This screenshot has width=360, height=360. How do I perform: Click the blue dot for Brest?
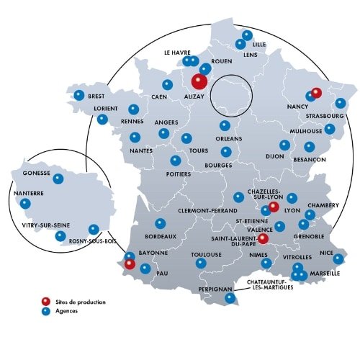(79, 95)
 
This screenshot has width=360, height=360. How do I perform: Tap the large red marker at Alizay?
(199, 81)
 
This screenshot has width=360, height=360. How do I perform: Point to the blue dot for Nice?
(338, 258)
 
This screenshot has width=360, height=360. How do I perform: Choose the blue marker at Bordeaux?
(161, 223)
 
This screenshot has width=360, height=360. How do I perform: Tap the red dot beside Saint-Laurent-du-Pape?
(263, 238)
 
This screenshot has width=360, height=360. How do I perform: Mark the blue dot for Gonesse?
(58, 179)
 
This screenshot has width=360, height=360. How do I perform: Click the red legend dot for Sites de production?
(45, 301)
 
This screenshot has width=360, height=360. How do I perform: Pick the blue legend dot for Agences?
(45, 312)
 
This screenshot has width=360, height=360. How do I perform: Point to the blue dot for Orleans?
(225, 125)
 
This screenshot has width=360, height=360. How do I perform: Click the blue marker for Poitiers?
(175, 161)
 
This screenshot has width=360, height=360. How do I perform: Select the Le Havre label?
(177, 53)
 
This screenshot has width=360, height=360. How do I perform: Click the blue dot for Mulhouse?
(330, 129)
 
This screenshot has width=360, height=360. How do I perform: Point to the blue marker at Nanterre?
(26, 204)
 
